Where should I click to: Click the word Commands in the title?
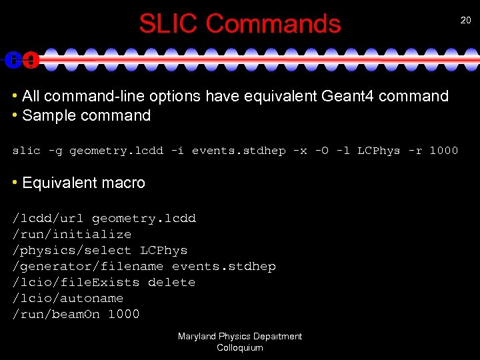273,24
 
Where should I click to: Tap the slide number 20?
465,21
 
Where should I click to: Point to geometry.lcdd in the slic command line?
117,151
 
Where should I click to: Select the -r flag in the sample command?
415,151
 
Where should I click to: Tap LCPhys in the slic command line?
379,151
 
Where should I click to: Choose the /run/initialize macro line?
72,235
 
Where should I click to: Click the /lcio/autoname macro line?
68,299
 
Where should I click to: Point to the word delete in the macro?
171,283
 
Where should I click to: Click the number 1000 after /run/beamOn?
124,315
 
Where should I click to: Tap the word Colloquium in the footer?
240,347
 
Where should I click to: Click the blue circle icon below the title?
12,59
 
